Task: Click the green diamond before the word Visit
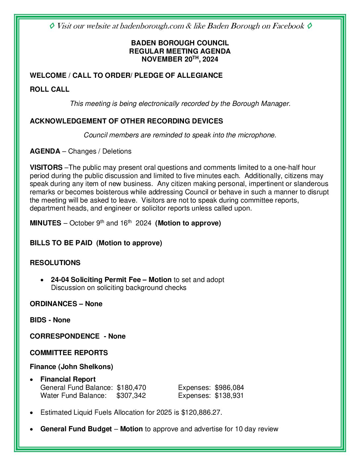point(52,26)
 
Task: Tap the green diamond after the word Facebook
point(309,26)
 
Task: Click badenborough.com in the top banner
point(152,26)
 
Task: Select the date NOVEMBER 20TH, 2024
point(180,59)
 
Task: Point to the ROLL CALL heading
point(50,89)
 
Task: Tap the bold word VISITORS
point(46,167)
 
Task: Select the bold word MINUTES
point(45,223)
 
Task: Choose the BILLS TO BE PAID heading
point(61,243)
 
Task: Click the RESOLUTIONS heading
point(55,263)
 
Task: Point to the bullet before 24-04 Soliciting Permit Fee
point(42,280)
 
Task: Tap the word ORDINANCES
point(53,304)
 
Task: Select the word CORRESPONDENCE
point(65,336)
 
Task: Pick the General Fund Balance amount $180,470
point(131,388)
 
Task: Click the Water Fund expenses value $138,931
point(229,396)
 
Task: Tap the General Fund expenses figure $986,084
point(229,388)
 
